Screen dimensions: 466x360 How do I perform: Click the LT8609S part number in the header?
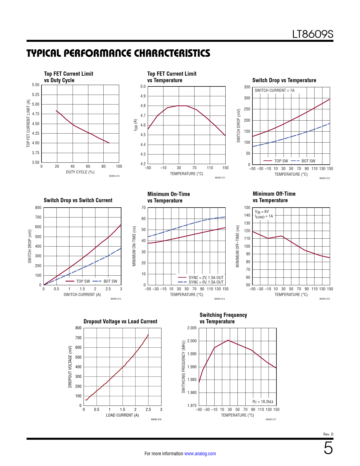click(313, 34)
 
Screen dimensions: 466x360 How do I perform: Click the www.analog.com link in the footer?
click(200, 454)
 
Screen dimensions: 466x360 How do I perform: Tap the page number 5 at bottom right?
click(328, 448)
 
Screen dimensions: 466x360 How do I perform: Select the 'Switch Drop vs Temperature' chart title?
click(284, 80)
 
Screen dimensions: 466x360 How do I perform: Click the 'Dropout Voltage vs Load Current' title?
click(120, 321)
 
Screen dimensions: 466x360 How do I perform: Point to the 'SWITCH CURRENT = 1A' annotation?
click(274, 90)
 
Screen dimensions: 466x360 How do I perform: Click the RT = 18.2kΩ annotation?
click(263, 402)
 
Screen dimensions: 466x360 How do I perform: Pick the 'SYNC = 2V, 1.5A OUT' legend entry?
click(206, 278)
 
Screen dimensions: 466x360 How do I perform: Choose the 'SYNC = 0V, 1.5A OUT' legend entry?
click(206, 282)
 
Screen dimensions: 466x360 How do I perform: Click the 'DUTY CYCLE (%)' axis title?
click(80, 172)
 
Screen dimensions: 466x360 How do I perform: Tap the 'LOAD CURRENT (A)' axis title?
click(122, 415)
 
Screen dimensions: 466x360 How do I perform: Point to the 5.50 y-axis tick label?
click(36, 85)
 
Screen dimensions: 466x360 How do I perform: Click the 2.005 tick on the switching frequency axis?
click(192, 328)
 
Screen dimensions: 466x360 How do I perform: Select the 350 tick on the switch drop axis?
click(247, 87)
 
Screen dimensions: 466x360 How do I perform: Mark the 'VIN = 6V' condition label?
click(262, 212)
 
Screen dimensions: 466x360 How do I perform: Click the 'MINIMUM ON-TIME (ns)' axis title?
click(134, 246)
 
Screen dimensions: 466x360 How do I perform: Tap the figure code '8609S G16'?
click(156, 419)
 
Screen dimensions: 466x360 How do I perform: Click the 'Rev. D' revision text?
click(328, 434)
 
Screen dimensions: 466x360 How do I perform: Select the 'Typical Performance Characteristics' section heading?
click(118, 53)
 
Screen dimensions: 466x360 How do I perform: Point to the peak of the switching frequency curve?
click(228, 340)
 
